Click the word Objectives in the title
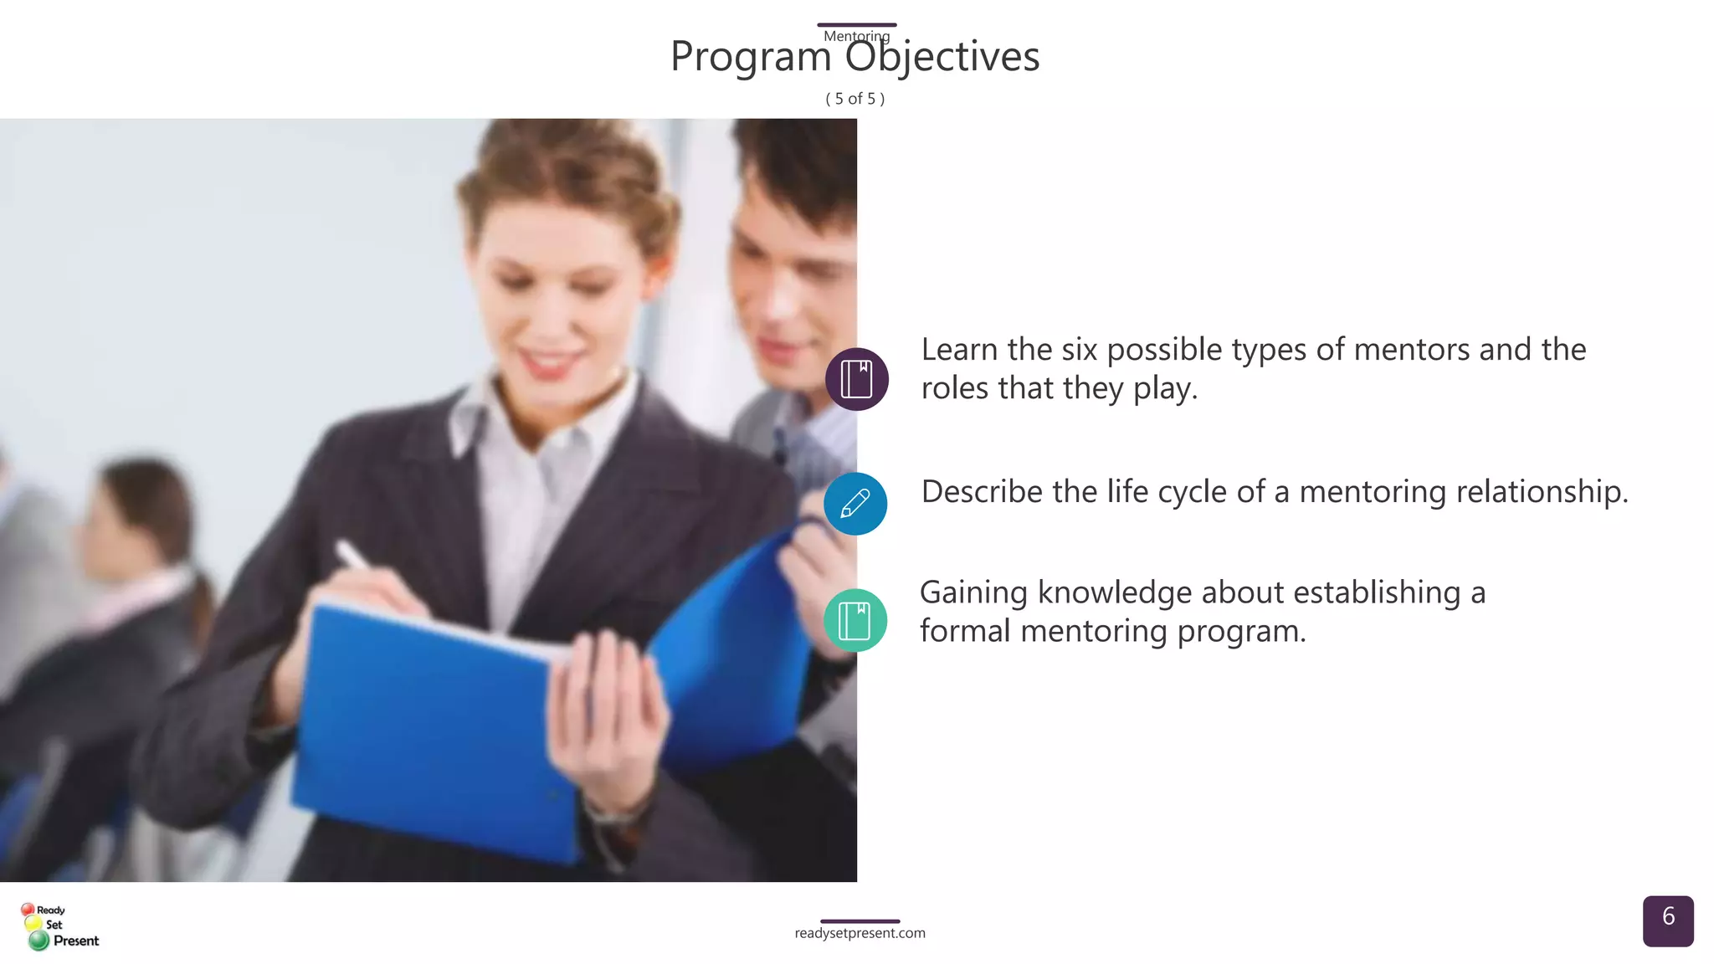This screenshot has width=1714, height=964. tap(942, 57)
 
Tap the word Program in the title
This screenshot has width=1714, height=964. tap(751, 57)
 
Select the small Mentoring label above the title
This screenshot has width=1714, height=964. tap(856, 36)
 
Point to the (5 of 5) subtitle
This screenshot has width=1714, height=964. tap(854, 99)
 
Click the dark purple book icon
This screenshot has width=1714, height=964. tap(856, 379)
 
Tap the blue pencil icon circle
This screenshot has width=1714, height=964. tap(854, 504)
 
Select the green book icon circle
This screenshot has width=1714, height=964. tap(854, 620)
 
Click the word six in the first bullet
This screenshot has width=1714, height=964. tap(1079, 350)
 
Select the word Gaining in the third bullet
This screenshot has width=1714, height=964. tap(972, 592)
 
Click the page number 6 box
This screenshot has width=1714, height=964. tap(1667, 920)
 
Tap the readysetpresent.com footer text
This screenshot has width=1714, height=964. tap(860, 933)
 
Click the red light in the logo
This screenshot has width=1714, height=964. tap(28, 909)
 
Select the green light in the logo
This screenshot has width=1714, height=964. tap(38, 941)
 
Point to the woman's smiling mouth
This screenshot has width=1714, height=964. tap(548, 362)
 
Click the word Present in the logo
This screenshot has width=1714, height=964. tap(76, 941)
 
